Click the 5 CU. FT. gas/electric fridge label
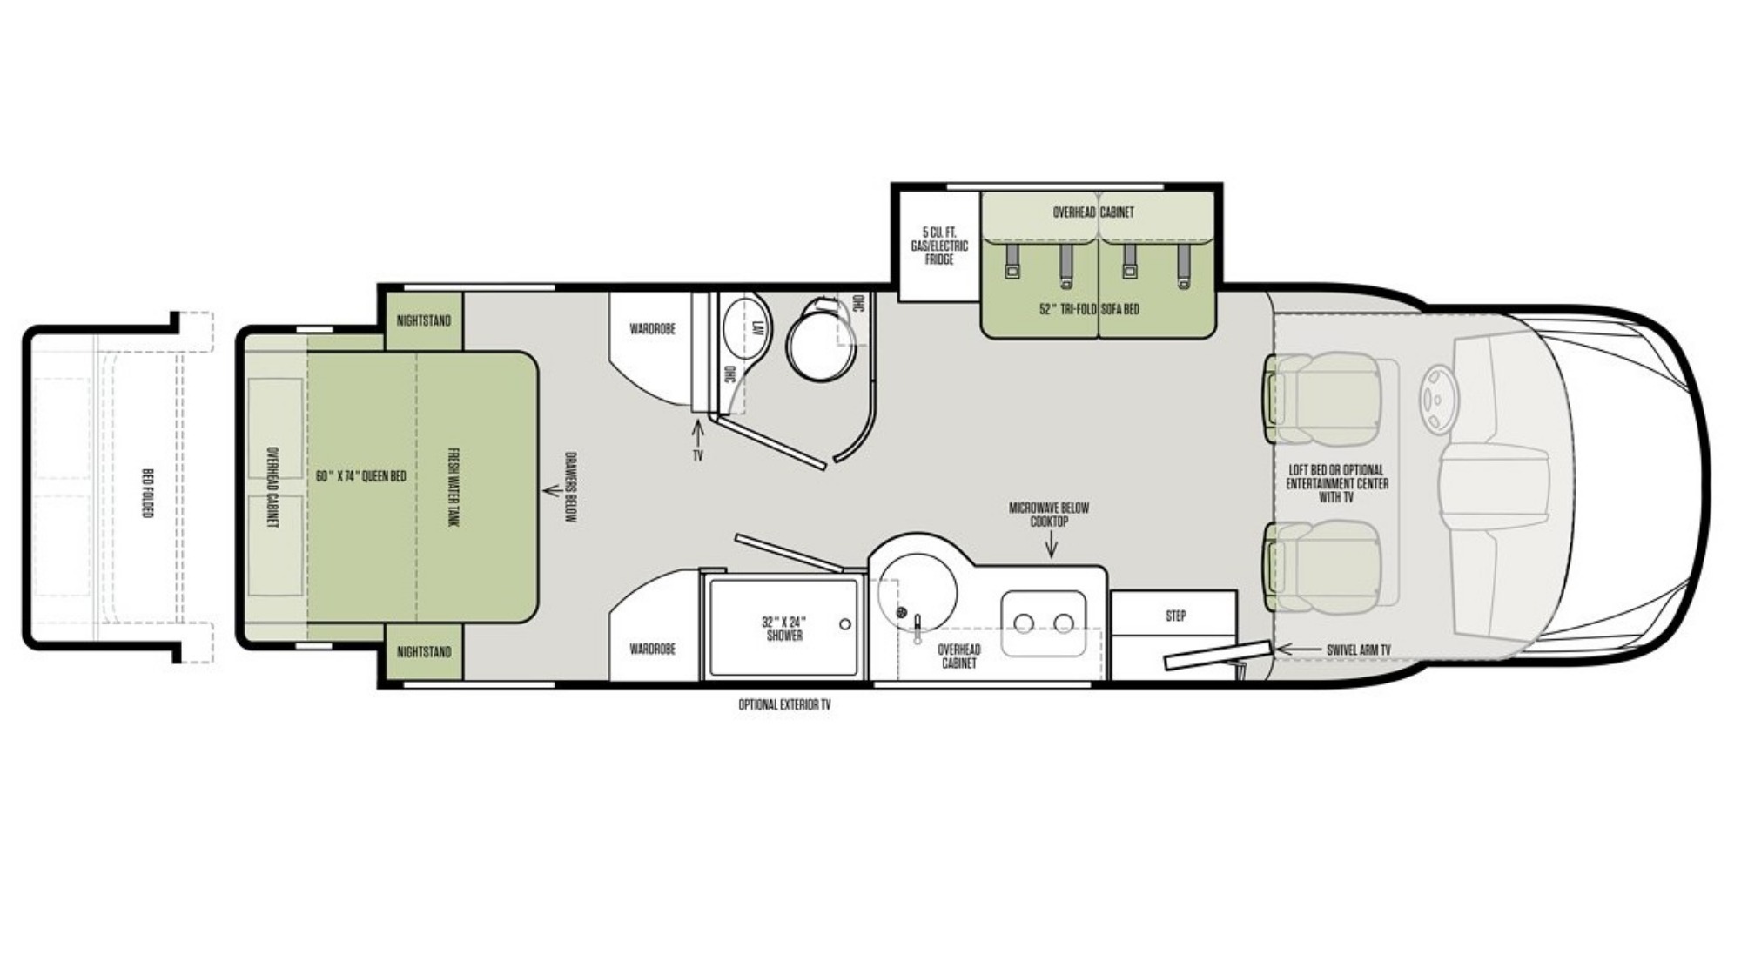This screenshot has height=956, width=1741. [939, 246]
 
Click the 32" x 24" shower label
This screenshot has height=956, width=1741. [784, 629]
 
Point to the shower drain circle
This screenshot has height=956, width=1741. [844, 624]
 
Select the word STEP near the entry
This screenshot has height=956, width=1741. [1175, 616]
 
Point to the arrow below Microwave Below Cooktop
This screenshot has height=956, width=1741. [1052, 544]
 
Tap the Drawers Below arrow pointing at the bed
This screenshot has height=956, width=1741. [551, 491]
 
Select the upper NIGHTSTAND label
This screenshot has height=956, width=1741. [424, 320]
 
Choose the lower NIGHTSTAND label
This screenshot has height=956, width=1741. [424, 652]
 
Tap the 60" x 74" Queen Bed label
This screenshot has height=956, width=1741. [361, 476]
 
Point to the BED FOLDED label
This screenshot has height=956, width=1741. [147, 493]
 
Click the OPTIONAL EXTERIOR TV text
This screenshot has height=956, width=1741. [784, 704]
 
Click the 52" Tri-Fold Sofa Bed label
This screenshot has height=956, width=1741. [1089, 309]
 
